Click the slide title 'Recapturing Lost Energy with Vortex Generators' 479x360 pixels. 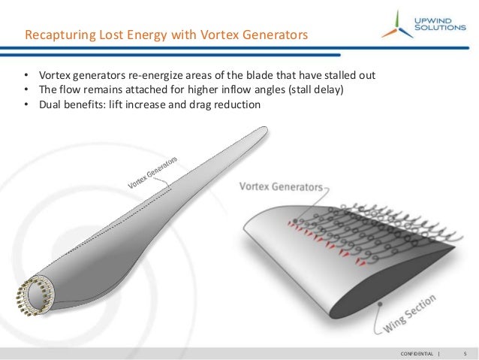166,35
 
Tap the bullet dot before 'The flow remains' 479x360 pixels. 26,91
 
